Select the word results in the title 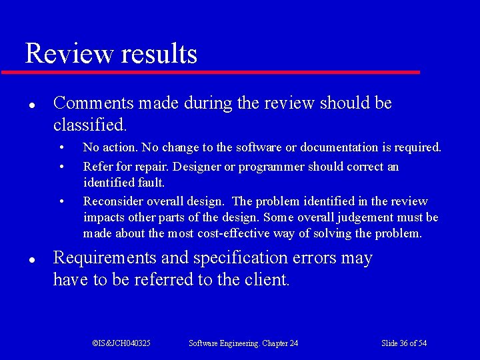tap(159, 54)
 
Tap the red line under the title tap(211, 72)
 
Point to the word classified tap(89, 125)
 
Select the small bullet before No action tap(61, 147)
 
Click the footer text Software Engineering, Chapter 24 tap(243, 343)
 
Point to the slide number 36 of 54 tap(404, 343)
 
